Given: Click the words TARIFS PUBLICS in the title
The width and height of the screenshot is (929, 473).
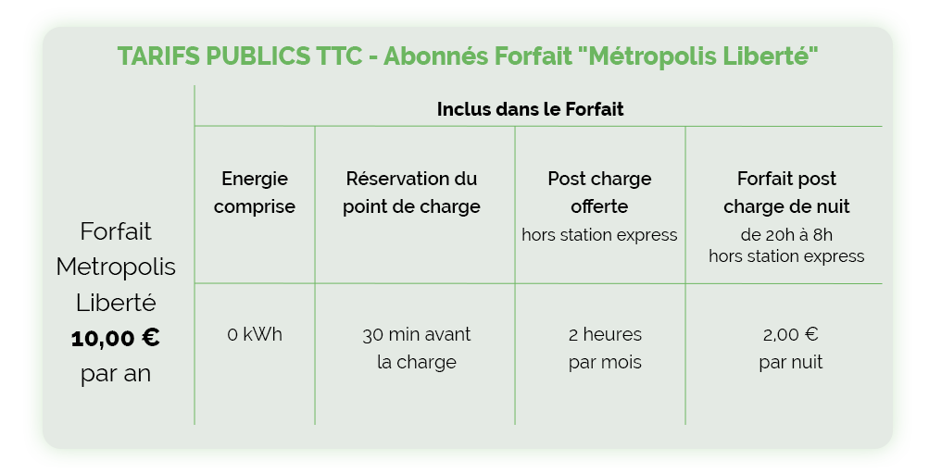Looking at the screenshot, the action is click(x=213, y=56).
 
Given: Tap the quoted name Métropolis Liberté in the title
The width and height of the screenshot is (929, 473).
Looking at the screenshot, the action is click(x=697, y=56).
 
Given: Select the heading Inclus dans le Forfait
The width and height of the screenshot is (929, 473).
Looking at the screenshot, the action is click(x=531, y=109).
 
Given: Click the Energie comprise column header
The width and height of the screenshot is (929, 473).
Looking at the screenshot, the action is click(x=254, y=193).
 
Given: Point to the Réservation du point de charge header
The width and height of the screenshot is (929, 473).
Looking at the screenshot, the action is click(x=412, y=193).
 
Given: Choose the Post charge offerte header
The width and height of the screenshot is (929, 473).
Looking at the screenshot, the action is click(x=599, y=193).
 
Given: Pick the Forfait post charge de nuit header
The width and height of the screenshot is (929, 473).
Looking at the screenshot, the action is click(x=786, y=193).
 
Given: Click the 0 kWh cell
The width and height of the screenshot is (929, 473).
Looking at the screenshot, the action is click(x=255, y=334).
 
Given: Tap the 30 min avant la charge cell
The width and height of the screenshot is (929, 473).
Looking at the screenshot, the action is click(x=417, y=348).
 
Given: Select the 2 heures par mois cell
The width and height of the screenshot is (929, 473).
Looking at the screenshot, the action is click(x=605, y=348).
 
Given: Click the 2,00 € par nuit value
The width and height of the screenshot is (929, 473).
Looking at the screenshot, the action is click(x=791, y=348).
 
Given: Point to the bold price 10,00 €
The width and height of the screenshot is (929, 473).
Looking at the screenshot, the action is click(x=116, y=338).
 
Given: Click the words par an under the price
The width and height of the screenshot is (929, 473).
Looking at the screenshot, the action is click(x=116, y=374).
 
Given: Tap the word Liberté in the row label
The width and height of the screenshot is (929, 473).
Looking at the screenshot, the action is click(x=116, y=303).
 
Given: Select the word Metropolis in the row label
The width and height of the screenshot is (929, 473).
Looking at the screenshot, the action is click(x=116, y=267).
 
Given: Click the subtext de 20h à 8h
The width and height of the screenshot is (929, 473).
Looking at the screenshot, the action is click(x=786, y=235).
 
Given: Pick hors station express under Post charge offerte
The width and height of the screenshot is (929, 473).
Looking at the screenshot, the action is click(x=599, y=235).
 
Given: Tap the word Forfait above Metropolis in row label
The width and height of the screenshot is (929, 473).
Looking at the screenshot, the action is click(x=116, y=231).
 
